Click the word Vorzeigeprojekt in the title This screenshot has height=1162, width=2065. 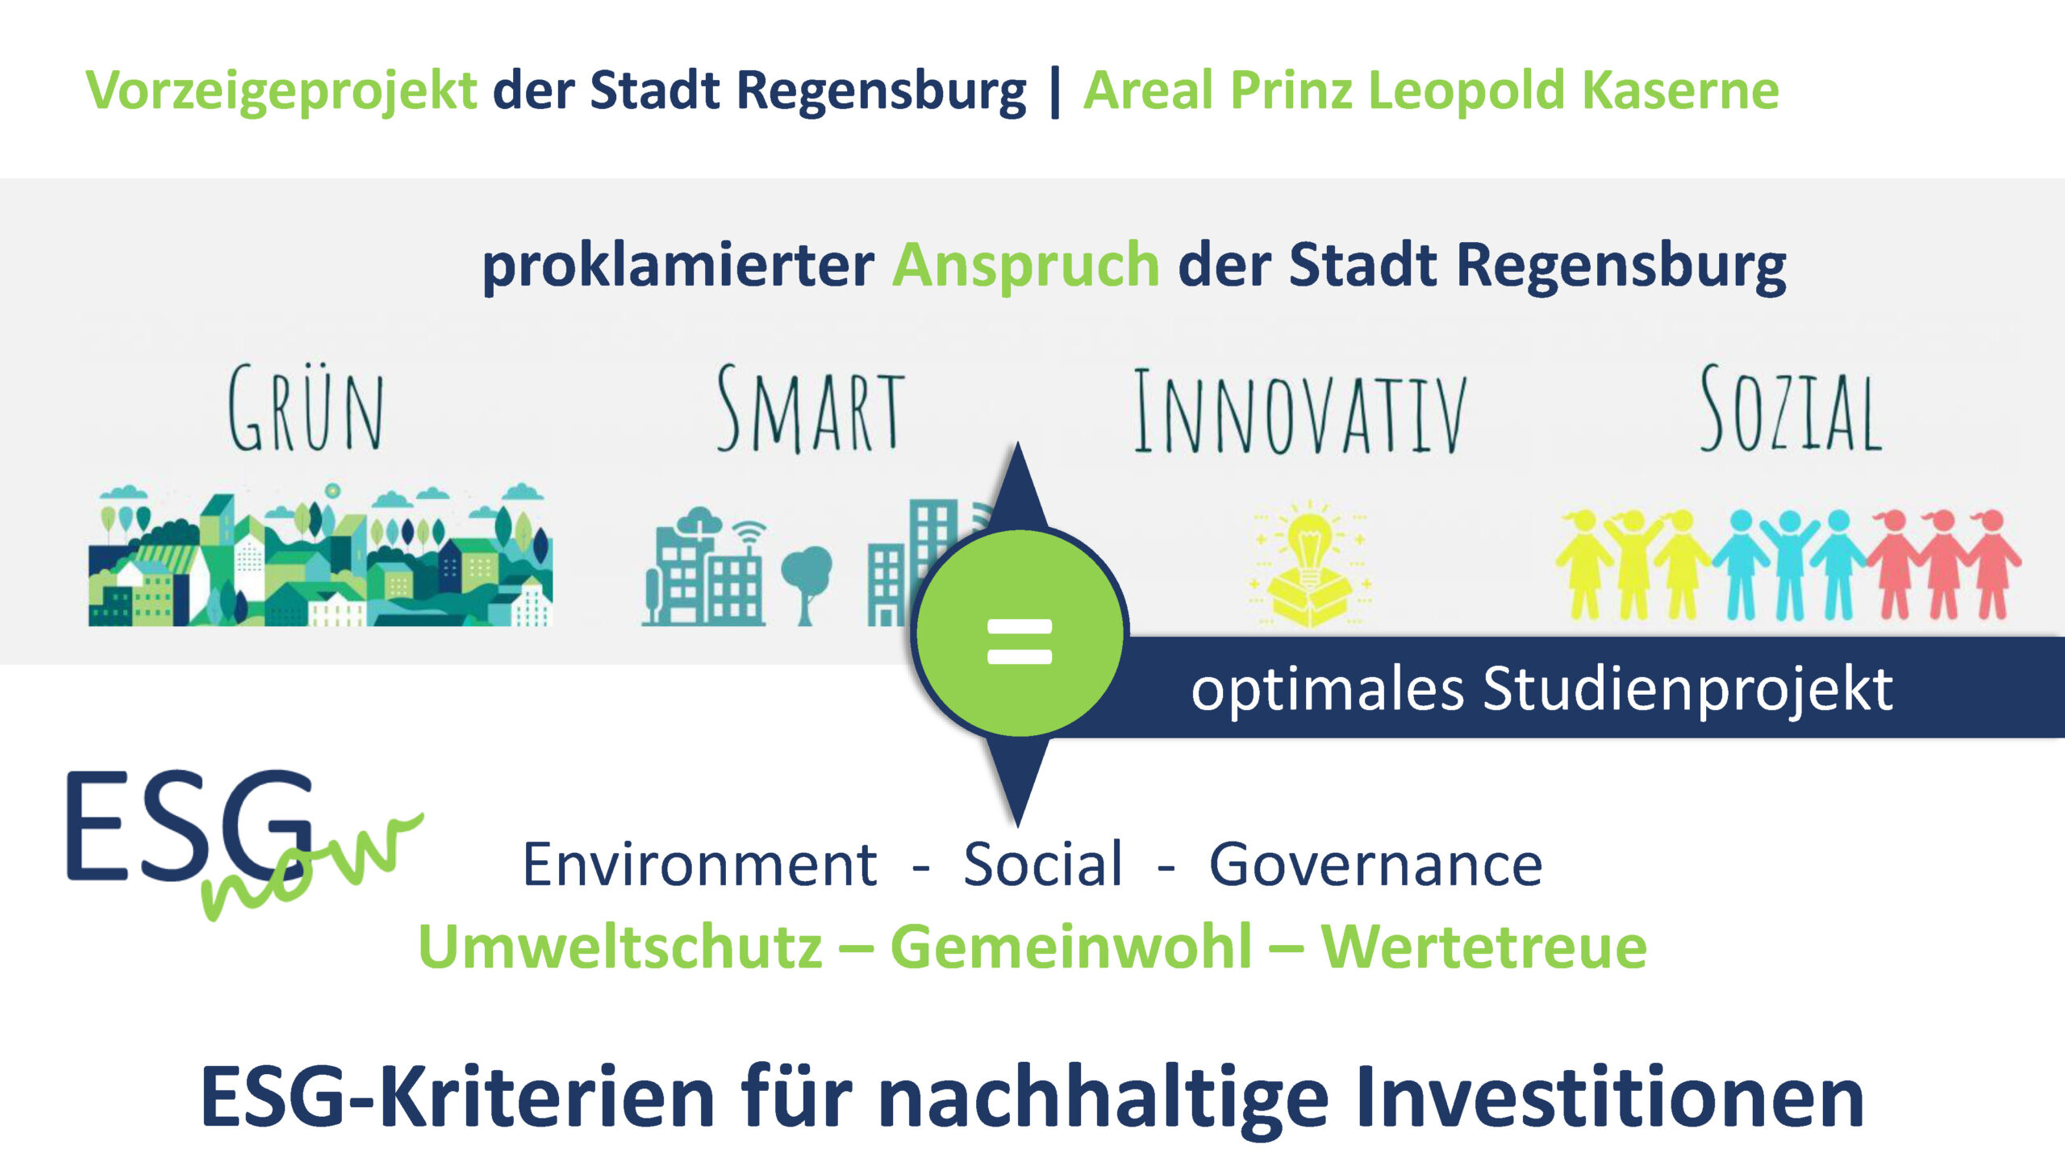pyautogui.click(x=282, y=90)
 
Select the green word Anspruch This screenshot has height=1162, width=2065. pyautogui.click(x=1026, y=266)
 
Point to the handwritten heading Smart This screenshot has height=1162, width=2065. pyautogui.click(x=811, y=408)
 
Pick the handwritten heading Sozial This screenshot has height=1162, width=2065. pyautogui.click(x=1791, y=408)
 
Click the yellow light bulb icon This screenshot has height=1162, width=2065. pyautogui.click(x=1310, y=562)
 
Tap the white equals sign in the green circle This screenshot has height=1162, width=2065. pyautogui.click(x=1020, y=642)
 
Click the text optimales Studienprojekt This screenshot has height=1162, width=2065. pyautogui.click(x=1541, y=690)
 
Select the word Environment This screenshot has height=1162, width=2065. pyautogui.click(x=699, y=864)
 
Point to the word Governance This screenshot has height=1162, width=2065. pyautogui.click(x=1375, y=864)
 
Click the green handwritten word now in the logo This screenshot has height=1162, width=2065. pyautogui.click(x=311, y=867)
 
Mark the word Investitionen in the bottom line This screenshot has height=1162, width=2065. pyautogui.click(x=1610, y=1097)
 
